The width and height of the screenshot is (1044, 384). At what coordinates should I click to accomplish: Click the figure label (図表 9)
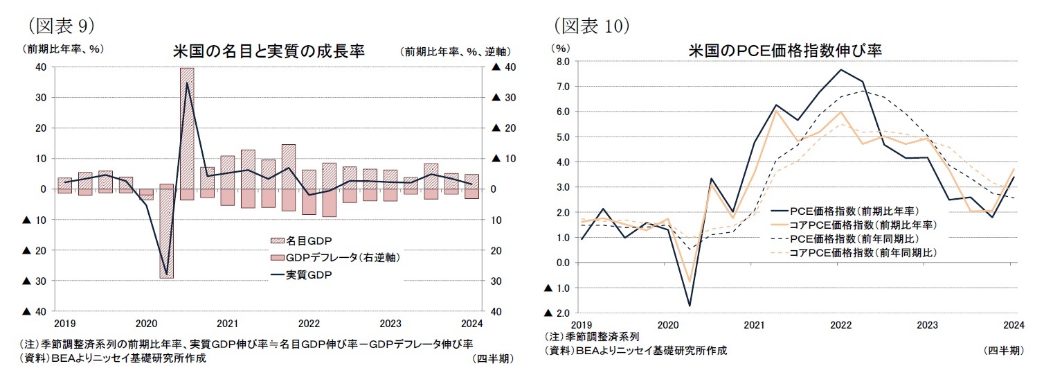coord(58,26)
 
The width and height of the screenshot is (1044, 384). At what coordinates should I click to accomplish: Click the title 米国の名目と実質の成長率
coord(269,51)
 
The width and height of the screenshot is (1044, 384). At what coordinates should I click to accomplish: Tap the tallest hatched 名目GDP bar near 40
coord(187,125)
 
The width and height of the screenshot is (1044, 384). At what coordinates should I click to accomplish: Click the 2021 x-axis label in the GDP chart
coord(227,324)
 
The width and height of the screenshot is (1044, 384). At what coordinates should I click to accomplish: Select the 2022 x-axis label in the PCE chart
coord(840,324)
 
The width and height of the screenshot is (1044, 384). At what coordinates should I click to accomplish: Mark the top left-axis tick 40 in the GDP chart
coord(40,67)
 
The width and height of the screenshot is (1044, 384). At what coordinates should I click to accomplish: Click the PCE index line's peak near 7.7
coord(840,69)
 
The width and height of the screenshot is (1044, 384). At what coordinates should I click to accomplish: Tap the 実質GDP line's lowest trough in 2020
coord(166,274)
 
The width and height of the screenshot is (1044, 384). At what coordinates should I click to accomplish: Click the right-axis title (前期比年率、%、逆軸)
coord(455,51)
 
